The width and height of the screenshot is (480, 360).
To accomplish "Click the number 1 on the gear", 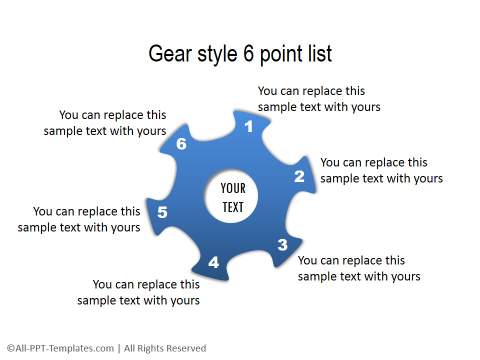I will click(249, 127).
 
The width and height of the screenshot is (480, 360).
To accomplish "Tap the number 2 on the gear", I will click(299, 176).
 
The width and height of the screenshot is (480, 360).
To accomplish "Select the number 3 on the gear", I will click(283, 245).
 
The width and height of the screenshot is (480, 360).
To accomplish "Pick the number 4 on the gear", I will click(213, 263).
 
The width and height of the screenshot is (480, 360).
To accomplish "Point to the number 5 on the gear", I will click(163, 212).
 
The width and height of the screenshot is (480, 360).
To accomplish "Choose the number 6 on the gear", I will click(181, 145).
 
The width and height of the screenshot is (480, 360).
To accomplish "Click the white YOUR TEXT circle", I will click(232, 197).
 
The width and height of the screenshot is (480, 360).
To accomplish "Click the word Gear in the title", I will click(170, 53).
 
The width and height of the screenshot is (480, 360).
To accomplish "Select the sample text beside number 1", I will click(319, 98).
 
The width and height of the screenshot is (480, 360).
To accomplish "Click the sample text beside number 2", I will click(381, 170).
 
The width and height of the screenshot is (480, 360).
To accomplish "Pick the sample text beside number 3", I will click(359, 268).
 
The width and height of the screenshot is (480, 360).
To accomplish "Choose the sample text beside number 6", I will click(105, 122).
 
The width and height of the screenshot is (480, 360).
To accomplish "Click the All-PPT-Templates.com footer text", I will click(58, 348).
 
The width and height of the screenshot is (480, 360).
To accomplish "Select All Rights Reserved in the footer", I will click(165, 348).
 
